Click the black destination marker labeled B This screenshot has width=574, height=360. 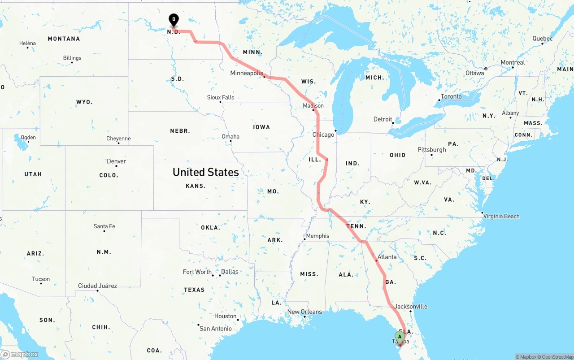click(174, 20)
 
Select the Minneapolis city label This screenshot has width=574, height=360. click(246, 73)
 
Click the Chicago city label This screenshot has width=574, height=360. click(323, 134)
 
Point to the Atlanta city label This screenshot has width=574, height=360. click(387, 257)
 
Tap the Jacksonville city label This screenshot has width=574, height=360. click(411, 307)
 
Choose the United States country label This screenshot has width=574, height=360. click(206, 172)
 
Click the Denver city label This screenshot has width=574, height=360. click(116, 161)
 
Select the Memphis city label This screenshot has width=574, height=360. click(317, 236)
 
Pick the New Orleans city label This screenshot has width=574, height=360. click(304, 312)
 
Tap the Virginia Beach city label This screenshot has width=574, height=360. click(501, 216)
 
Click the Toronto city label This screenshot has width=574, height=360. click(451, 96)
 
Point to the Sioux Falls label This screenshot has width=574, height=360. click(220, 97)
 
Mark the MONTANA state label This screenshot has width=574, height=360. click(64, 39)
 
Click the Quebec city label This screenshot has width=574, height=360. click(542, 39)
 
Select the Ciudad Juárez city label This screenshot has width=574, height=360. click(97, 286)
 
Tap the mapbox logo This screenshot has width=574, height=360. click(20, 354)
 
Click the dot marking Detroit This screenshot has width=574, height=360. click(393, 123)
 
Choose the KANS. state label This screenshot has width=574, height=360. click(196, 186)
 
